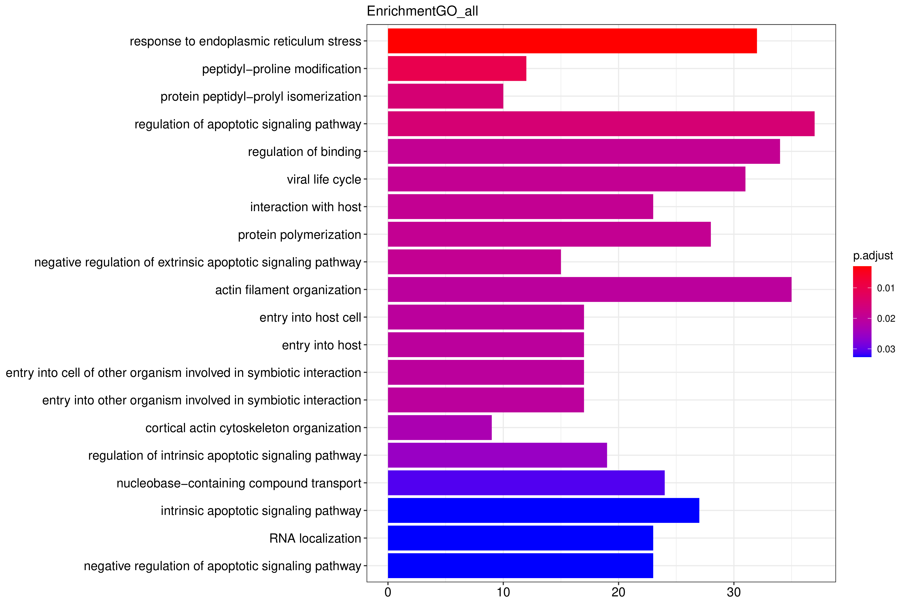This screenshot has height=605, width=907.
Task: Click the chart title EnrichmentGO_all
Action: pos(422,11)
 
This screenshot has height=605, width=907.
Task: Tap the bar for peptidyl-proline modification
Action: pos(457,69)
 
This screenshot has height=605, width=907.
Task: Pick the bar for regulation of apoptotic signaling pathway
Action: pos(601,124)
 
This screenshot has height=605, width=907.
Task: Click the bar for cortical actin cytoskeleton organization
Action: pos(440,427)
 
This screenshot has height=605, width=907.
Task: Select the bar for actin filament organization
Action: pos(590,289)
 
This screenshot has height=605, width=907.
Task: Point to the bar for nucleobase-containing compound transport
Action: pos(526,483)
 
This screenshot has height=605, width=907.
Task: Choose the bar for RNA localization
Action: pos(520,538)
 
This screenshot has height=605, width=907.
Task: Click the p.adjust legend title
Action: pos(873,256)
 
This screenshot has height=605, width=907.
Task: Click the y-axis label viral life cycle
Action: pos(324,179)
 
